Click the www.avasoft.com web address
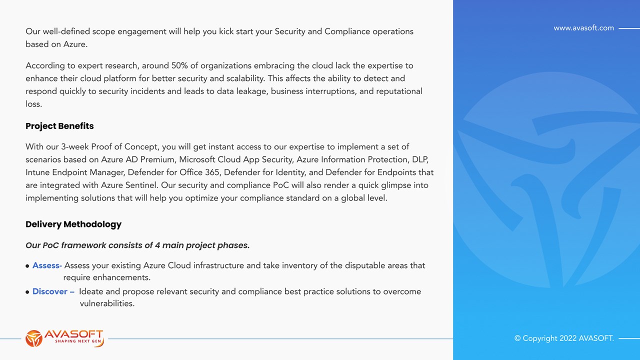[x=583, y=28]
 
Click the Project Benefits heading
[x=59, y=126]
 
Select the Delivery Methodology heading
[x=73, y=224]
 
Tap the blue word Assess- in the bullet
[x=47, y=265]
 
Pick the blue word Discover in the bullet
[x=50, y=291]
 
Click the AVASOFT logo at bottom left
[x=64, y=338]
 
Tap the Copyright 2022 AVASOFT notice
[x=564, y=338]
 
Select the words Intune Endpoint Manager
[x=74, y=172]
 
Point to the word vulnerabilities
[x=107, y=303]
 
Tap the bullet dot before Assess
[x=27, y=266]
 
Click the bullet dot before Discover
[x=27, y=292]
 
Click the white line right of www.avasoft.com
[x=629, y=28]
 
